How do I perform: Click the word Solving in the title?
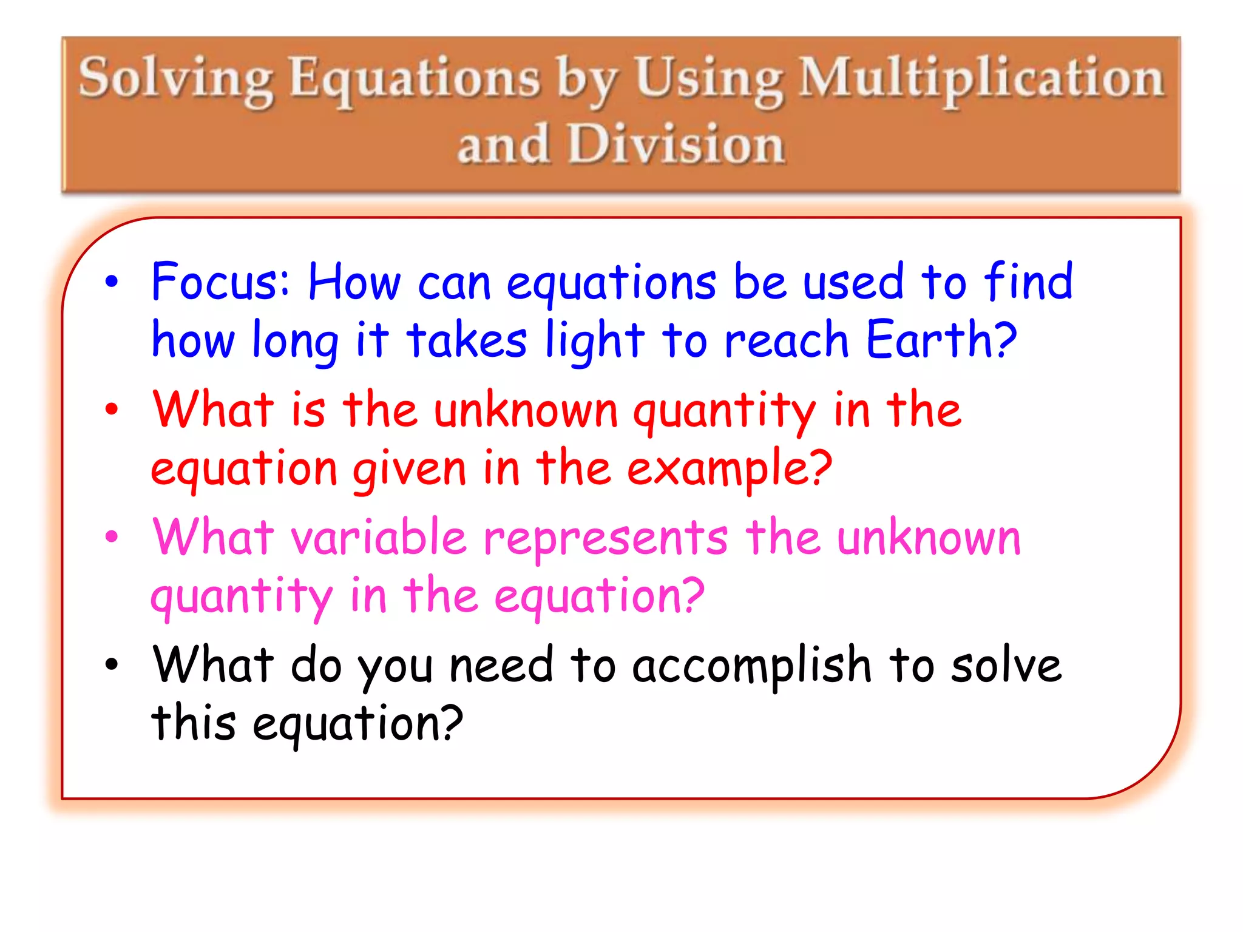tap(176, 79)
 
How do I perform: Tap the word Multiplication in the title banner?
tap(981, 79)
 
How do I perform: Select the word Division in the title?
tap(676, 144)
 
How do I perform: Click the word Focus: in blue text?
tap(221, 282)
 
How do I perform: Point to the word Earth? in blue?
tap(941, 340)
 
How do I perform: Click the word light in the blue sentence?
tap(594, 340)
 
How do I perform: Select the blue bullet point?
tap(112, 282)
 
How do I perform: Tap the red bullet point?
tap(112, 410)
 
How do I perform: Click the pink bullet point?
tap(112, 537)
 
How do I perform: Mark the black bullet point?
tap(112, 664)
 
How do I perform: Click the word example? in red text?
tap(729, 468)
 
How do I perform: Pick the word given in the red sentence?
tap(410, 468)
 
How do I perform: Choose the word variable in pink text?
tap(379, 537)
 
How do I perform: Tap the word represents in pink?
tap(605, 537)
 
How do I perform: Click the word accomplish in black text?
tap(752, 666)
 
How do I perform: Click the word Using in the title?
tap(708, 79)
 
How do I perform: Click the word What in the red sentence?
tap(212, 410)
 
